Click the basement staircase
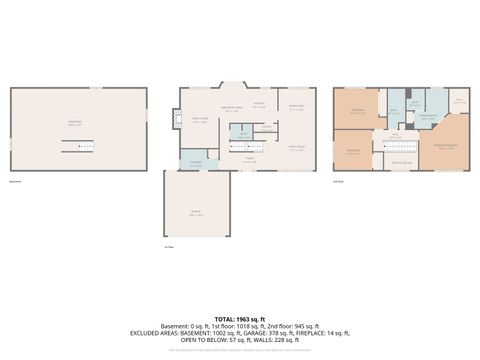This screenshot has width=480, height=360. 79,146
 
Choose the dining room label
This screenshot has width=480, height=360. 296,108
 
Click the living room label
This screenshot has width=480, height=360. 296,146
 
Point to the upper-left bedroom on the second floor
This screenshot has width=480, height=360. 357,112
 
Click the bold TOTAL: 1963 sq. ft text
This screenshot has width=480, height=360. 240,317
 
